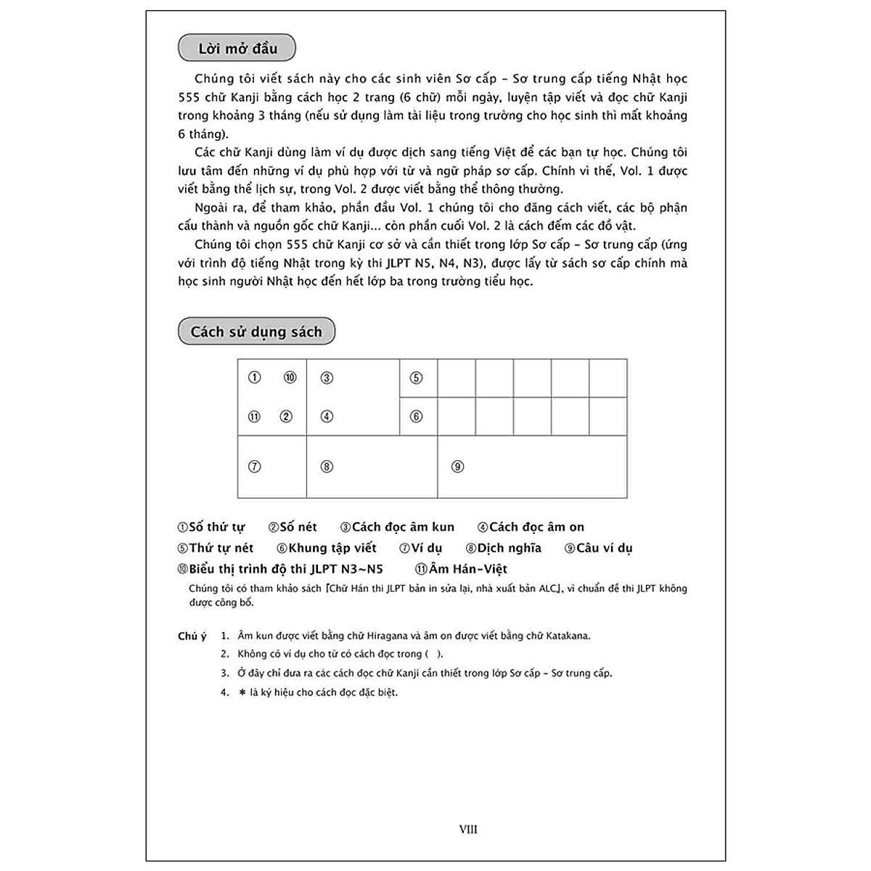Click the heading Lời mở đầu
tap(237, 49)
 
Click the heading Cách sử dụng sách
tap(256, 332)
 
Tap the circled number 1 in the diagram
tap(254, 377)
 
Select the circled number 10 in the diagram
tap(290, 377)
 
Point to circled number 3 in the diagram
tap(327, 377)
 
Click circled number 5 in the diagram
tap(416, 377)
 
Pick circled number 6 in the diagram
tap(416, 417)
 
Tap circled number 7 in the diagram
tap(254, 467)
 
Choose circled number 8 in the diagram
tap(327, 467)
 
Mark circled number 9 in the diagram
tap(457, 467)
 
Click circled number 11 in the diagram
tap(254, 417)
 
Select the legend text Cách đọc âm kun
tap(403, 527)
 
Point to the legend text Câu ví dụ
tap(604, 548)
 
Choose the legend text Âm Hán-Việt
tap(467, 569)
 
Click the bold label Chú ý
tap(192, 636)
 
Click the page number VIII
tap(468, 829)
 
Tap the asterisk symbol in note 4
tap(242, 692)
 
